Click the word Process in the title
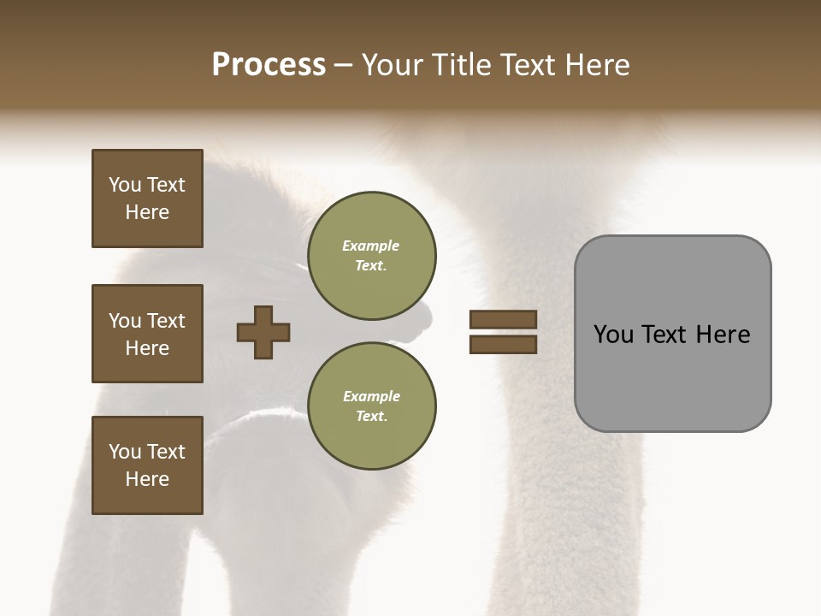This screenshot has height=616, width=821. coord(269,65)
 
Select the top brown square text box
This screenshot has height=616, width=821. coord(147,198)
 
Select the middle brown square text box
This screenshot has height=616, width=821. coord(147,334)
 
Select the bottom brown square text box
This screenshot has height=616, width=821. coord(147,465)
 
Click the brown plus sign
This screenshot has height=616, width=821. coord(263,332)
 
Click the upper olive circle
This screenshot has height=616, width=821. coord(372,256)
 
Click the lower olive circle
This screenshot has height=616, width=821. coord(372,406)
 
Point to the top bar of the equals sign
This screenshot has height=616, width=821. coord(503,319)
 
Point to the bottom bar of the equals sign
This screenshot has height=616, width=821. coord(503,344)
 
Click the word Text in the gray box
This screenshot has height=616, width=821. coord(665,335)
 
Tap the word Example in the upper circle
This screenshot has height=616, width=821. coord(371,246)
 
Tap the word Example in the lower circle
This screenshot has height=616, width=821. coord(371,396)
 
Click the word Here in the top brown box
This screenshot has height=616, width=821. coord(147,212)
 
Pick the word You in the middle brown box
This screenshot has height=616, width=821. coord(124,321)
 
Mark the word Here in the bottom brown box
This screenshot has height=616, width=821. coord(147,479)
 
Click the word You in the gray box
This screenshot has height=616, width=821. coord(612,335)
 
